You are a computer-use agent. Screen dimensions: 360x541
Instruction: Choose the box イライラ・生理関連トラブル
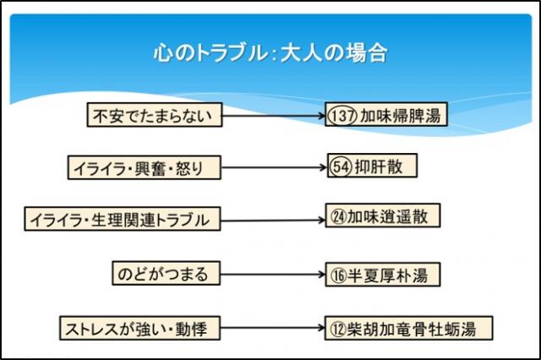pos(122,220)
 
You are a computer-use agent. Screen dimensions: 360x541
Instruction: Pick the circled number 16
pos(340,275)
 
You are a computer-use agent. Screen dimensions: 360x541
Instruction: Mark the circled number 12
pos(340,328)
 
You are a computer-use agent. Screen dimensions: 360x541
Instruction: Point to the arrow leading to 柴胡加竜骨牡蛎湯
pos(258,328)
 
